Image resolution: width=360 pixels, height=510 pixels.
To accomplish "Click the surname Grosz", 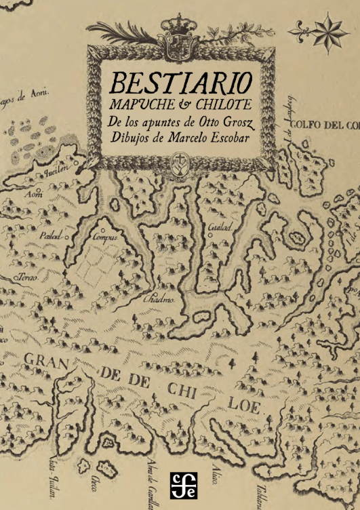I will click(237, 125).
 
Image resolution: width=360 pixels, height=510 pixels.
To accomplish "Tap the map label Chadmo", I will click(159, 299).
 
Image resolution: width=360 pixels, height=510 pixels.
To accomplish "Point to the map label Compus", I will click(104, 239).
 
